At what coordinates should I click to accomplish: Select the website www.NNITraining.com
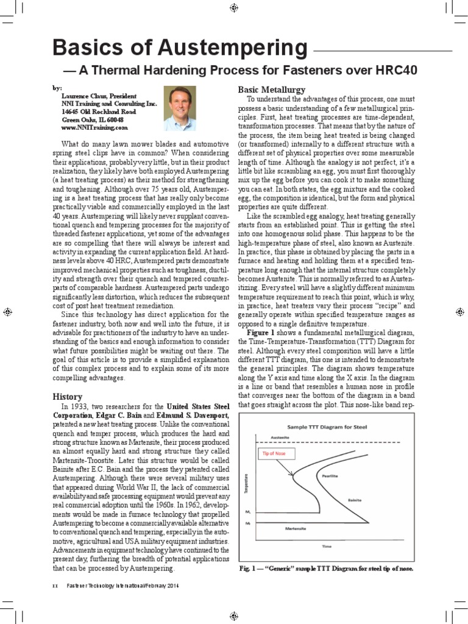pos(94,128)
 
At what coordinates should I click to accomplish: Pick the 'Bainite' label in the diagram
pos(355,500)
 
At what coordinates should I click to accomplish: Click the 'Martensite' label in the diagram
pos(295,529)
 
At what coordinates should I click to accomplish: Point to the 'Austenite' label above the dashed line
pos(279,438)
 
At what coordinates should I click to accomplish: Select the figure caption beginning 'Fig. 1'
pos(326,569)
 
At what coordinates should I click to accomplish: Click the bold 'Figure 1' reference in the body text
pos(262,333)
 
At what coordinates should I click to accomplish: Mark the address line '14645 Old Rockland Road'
pos(98,112)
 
